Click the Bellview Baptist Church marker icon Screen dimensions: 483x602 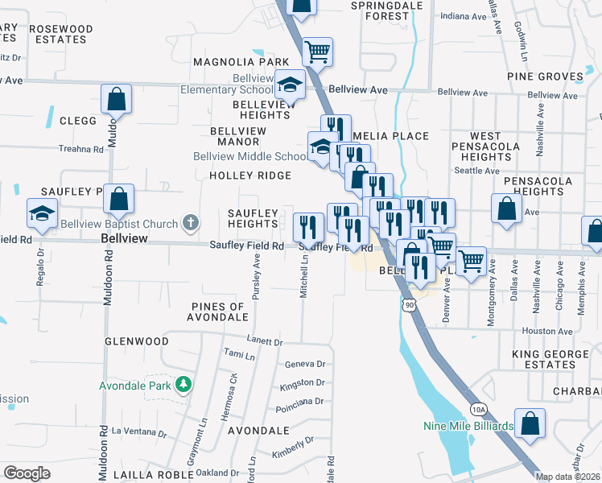click(190, 221)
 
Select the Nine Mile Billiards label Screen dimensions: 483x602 click(468, 426)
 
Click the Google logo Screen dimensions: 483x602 click(27, 473)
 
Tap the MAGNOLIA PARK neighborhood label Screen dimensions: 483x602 click(240, 62)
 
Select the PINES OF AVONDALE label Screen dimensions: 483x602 click(217, 312)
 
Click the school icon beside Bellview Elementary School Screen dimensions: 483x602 click(290, 84)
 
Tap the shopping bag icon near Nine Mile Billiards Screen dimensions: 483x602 click(530, 423)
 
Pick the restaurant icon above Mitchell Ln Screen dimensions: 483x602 click(307, 227)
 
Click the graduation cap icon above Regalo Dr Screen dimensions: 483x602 click(42, 213)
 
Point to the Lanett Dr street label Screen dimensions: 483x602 click(266, 342)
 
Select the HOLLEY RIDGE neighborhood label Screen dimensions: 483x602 click(249, 175)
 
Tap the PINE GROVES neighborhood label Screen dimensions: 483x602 click(545, 76)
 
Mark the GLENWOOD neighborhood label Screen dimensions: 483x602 click(137, 341)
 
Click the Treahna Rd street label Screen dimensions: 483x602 click(81, 149)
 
